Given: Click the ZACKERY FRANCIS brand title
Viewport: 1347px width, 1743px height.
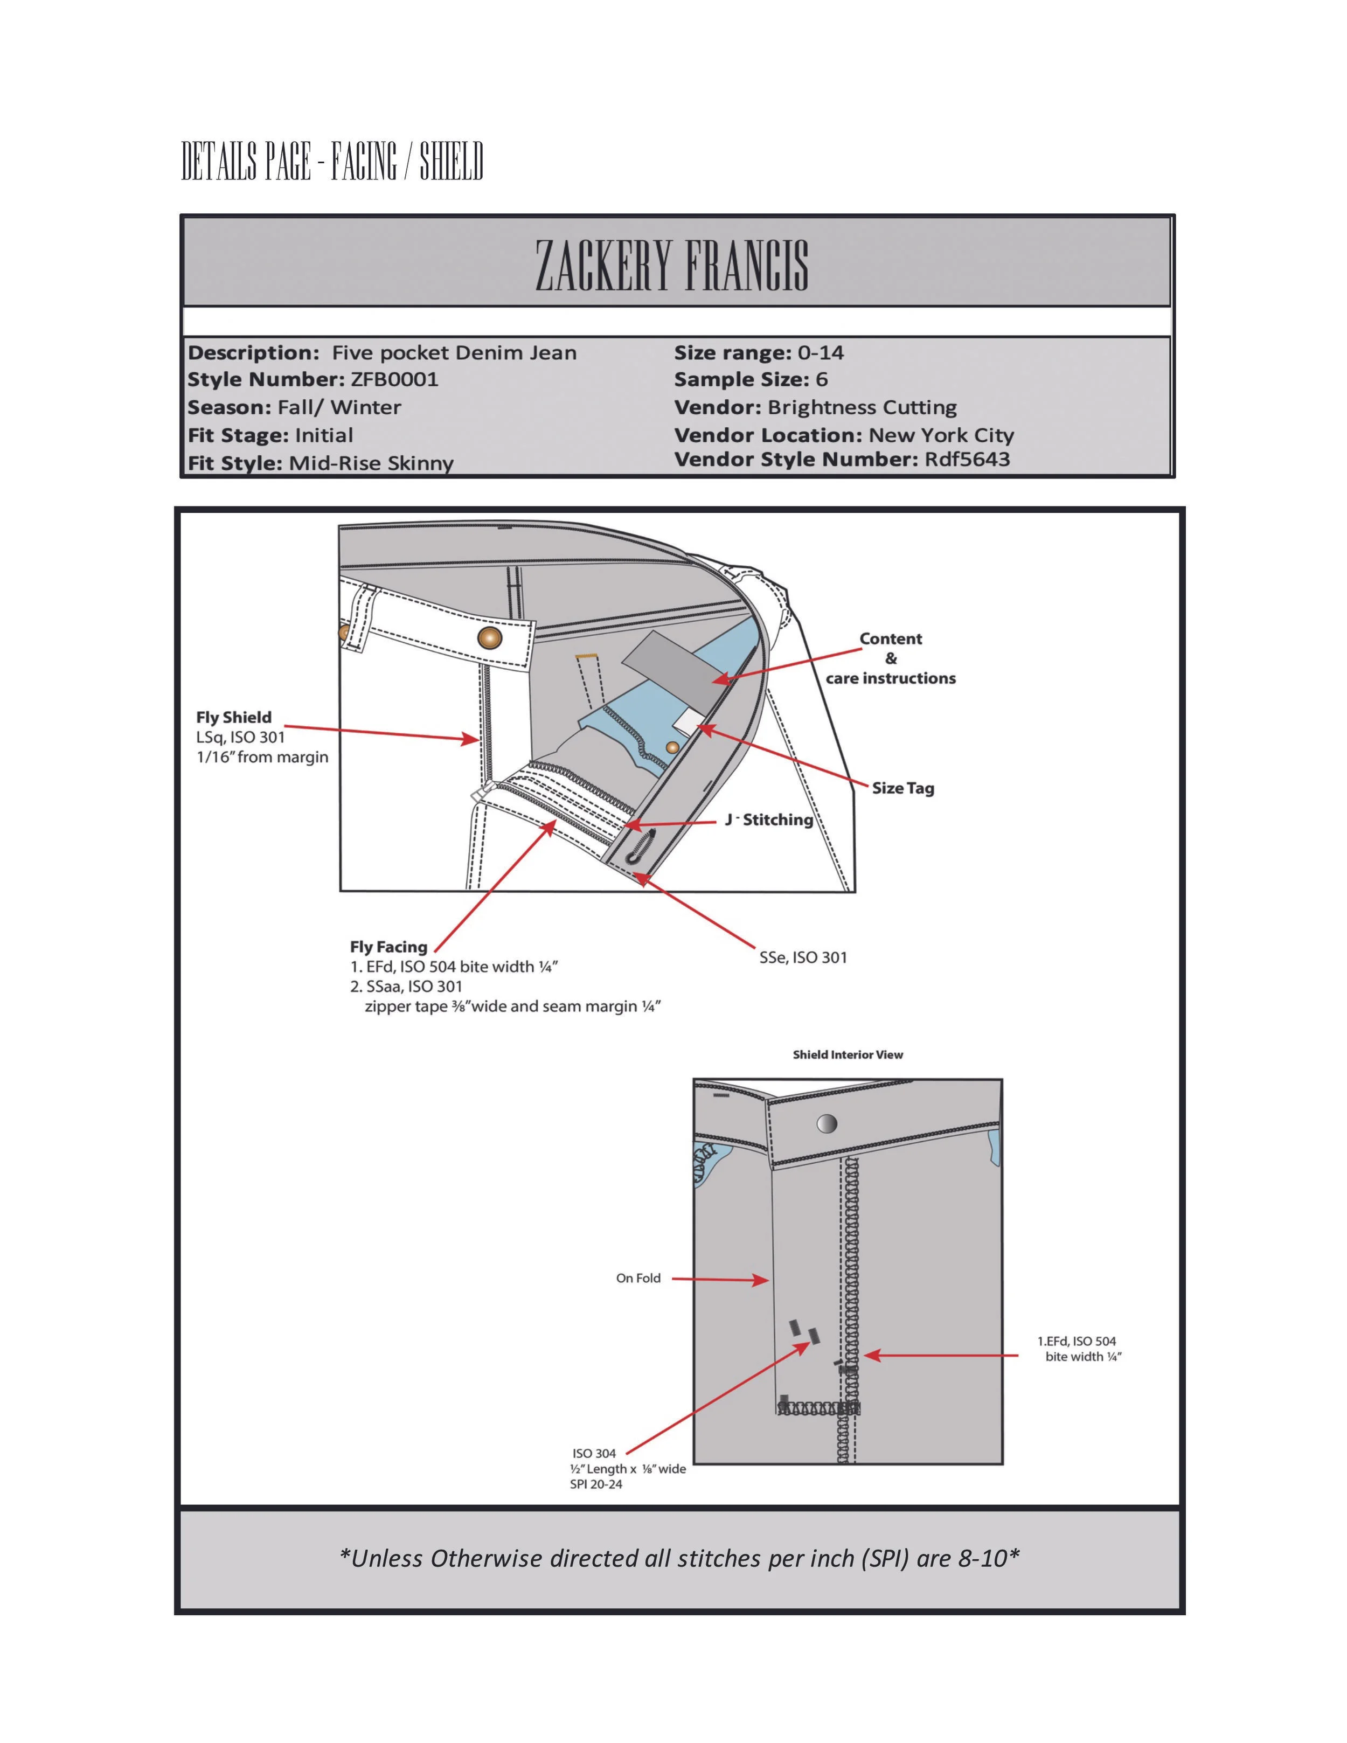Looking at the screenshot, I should tap(672, 265).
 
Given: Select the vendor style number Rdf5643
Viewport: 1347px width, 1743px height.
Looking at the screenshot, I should tap(967, 460).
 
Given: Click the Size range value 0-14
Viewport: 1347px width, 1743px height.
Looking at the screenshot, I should tap(821, 353).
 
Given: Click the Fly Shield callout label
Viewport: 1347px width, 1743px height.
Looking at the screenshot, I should tap(234, 718).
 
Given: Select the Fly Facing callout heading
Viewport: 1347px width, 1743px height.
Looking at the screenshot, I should tap(388, 947).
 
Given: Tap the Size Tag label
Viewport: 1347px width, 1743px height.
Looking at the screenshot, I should tap(902, 788).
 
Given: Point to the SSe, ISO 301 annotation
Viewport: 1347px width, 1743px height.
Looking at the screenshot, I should tap(803, 957).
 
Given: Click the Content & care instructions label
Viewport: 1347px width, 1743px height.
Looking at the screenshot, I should tap(891, 658).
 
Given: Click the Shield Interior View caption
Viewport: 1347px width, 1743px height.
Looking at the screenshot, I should tap(848, 1055).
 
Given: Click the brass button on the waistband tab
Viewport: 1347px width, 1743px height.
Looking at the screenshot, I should tap(490, 638).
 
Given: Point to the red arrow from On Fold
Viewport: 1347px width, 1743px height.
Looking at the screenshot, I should tap(719, 1279).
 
